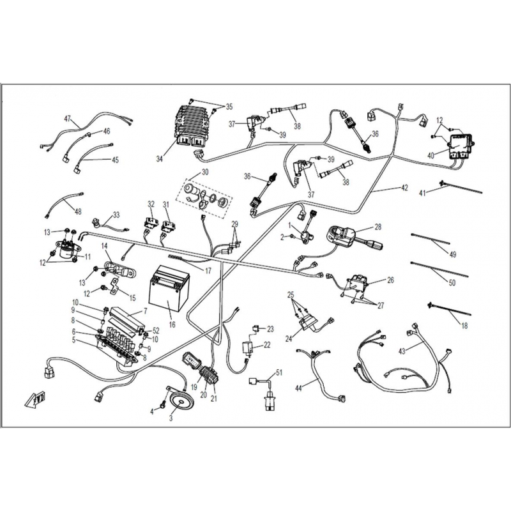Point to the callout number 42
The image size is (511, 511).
click(x=404, y=188)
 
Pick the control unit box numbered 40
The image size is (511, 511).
click(x=462, y=146)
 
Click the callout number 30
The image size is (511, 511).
click(x=204, y=172)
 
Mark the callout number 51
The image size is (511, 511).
click(x=279, y=372)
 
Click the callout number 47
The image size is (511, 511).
click(x=67, y=119)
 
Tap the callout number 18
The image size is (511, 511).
click(x=464, y=325)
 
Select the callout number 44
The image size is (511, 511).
click(x=299, y=388)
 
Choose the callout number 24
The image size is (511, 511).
click(x=289, y=339)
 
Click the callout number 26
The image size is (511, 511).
click(x=390, y=280)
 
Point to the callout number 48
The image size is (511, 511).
click(x=77, y=211)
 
